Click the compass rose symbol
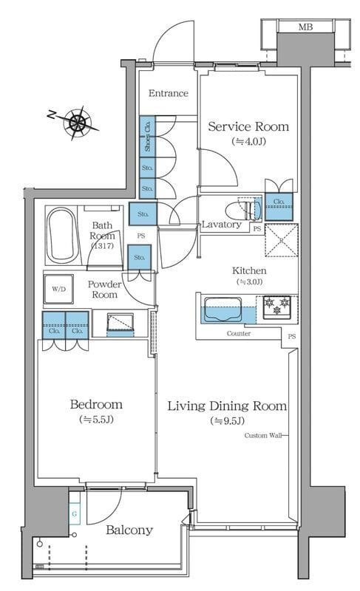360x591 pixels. (78, 122)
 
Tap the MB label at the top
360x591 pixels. (305, 27)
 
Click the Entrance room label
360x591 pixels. (168, 93)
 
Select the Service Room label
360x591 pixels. (248, 126)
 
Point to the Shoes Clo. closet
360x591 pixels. (147, 134)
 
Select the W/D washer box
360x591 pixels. (58, 289)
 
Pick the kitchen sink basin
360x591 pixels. (223, 310)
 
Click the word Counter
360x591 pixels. (239, 334)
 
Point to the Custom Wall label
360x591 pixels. (263, 435)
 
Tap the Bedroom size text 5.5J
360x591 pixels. (96, 419)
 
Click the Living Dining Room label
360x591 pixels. (227, 406)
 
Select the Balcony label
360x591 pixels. (129, 530)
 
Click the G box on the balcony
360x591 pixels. (75, 513)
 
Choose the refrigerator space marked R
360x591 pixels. (282, 240)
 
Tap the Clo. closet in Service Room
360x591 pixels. (279, 207)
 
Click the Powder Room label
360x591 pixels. (104, 290)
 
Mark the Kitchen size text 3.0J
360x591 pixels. (249, 281)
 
